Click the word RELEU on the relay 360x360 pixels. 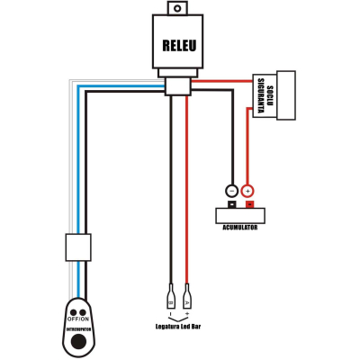pos(180,46)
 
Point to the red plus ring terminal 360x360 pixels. pos(248,191)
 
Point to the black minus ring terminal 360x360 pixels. pos(231,191)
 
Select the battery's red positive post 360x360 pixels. pos(248,204)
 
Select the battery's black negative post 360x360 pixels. pos(231,204)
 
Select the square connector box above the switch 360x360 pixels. pos(78,246)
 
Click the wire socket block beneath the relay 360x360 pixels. pos(176,85)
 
